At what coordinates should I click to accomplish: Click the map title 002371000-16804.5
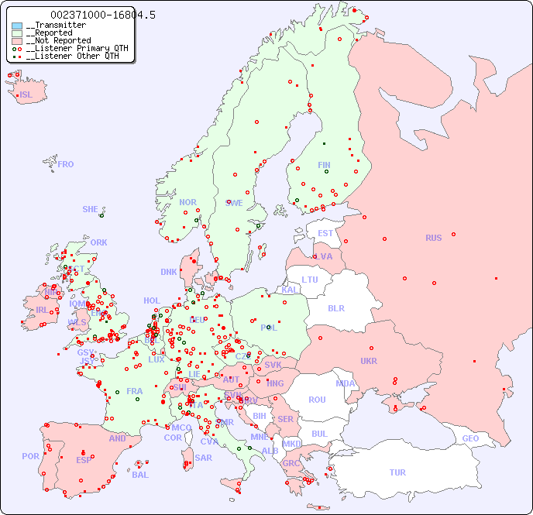pos(92,15)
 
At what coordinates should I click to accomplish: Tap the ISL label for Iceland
pos(26,95)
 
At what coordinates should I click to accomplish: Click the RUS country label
pos(433,238)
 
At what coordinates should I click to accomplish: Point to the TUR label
pos(397,472)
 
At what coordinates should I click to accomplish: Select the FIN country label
pos(324,165)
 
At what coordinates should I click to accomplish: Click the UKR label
pos(369,361)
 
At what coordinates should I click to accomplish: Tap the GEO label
pos(470,438)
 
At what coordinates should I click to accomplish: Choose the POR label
pos(30,456)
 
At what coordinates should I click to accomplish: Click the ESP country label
pos(84,459)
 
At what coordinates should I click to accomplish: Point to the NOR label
pos(187,202)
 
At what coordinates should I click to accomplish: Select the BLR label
pos(335,307)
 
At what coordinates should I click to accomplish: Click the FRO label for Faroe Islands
pos(65,164)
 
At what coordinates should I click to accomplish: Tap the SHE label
pos(90,209)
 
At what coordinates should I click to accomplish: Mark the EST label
pos(325,233)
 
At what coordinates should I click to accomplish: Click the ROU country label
pos(317,400)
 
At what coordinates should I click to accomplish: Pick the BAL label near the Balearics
pos(139,475)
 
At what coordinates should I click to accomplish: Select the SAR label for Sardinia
pos(203,458)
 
